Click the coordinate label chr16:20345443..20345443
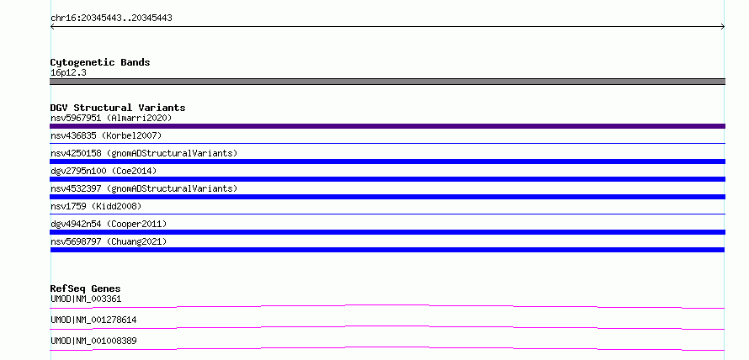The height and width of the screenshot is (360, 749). pyautogui.click(x=111, y=19)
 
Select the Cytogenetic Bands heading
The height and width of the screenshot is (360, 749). pyautogui.click(x=100, y=62)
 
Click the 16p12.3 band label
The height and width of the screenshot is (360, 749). pyautogui.click(x=68, y=73)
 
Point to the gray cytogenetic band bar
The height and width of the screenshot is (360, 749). pyautogui.click(x=387, y=82)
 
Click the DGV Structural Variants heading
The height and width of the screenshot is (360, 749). pyautogui.click(x=118, y=108)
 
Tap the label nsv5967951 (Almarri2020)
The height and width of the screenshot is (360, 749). pyautogui.click(x=111, y=118)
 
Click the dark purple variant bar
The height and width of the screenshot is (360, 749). pyautogui.click(x=387, y=126)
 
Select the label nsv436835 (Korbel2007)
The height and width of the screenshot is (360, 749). pyautogui.click(x=106, y=135)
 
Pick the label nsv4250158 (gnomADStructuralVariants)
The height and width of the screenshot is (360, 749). pyautogui.click(x=144, y=153)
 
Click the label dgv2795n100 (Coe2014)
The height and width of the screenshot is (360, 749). pyautogui.click(x=104, y=171)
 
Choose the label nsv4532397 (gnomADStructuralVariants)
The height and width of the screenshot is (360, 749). pyautogui.click(x=144, y=188)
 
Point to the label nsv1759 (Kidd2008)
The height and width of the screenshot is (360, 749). pyautogui.click(x=96, y=206)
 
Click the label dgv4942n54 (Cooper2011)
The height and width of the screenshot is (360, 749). pyautogui.click(x=109, y=224)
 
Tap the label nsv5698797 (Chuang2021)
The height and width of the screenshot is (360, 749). pyautogui.click(x=109, y=241)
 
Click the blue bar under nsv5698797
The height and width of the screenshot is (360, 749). pyautogui.click(x=387, y=250)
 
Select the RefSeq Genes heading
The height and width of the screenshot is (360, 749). pyautogui.click(x=86, y=289)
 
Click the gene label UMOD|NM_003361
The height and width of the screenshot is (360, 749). pyautogui.click(x=86, y=299)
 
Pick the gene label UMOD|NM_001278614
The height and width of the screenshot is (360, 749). pyautogui.click(x=93, y=320)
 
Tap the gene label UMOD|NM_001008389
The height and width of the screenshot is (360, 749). pyautogui.click(x=93, y=341)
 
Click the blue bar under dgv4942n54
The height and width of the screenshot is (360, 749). pyautogui.click(x=387, y=232)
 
